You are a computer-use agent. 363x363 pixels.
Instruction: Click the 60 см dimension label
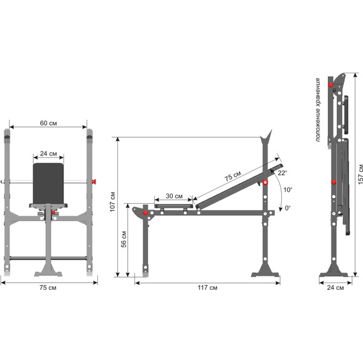pyautogui.click(x=48, y=123)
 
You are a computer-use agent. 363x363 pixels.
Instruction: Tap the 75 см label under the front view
pyautogui.click(x=48, y=287)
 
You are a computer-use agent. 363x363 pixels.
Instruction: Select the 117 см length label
pyautogui.click(x=208, y=287)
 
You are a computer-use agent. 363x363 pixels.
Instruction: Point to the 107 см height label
pyautogui.click(x=113, y=201)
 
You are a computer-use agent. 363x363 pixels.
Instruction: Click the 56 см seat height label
pyautogui.click(x=123, y=239)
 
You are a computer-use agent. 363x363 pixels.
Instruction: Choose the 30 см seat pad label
pyautogui.click(x=174, y=196)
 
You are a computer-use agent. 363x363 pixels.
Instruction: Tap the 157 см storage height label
pyautogui.click(x=361, y=175)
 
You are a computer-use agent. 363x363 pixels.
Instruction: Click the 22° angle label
pyautogui.click(x=283, y=172)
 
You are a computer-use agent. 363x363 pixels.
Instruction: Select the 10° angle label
pyautogui.click(x=288, y=190)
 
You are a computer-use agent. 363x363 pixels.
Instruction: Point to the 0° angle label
pyautogui.click(x=287, y=208)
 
